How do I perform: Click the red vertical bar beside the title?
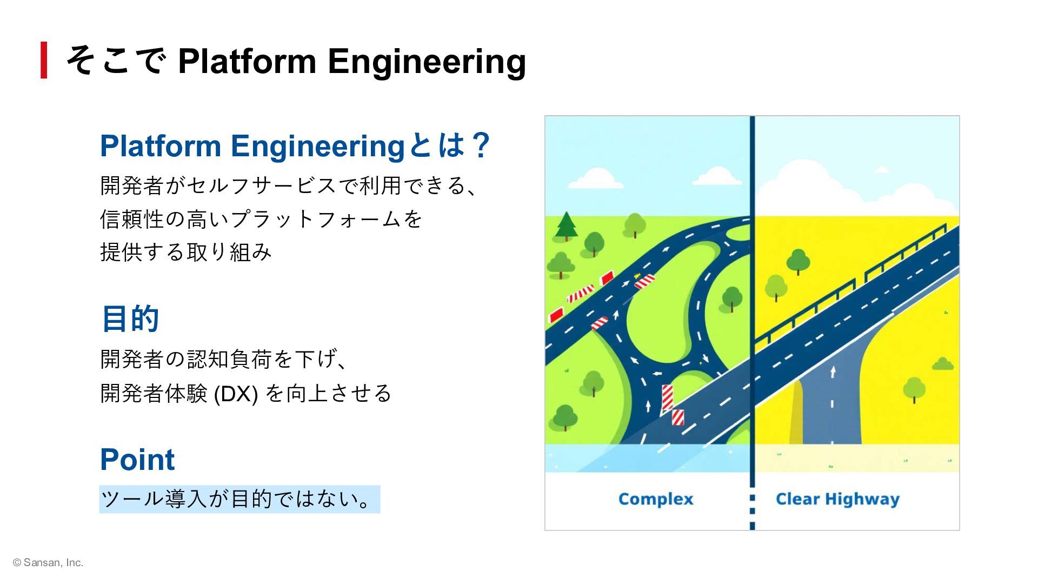coord(44,60)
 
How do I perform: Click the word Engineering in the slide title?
coord(427,61)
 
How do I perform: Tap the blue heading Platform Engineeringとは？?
coord(295,146)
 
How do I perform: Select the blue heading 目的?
coord(130,318)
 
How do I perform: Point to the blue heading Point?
coord(137,460)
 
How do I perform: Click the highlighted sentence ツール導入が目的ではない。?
coord(239,499)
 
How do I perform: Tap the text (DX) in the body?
coord(236,394)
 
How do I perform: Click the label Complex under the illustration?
coord(655,499)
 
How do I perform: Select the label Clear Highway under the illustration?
coord(837,499)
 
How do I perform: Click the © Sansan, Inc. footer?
coord(48,563)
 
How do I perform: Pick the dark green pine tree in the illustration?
coord(566,225)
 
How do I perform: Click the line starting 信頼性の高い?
coord(261,219)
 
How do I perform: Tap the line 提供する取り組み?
coord(185,252)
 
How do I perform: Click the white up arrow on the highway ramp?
coord(833,372)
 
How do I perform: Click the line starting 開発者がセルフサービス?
coord(289,185)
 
